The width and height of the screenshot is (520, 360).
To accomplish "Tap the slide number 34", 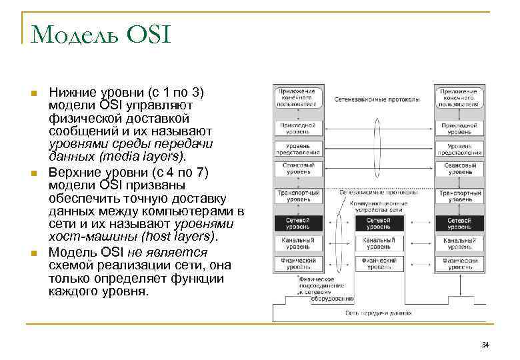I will tap(485, 344).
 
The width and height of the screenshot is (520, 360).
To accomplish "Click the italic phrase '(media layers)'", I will tap(140, 156).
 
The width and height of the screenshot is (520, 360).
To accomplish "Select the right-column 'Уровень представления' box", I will tap(459, 149).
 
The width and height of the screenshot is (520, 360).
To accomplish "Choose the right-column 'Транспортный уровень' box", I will tap(459, 196).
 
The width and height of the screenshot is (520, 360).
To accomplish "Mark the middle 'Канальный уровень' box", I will tap(379, 243).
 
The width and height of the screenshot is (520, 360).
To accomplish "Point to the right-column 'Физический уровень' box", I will tap(459, 263).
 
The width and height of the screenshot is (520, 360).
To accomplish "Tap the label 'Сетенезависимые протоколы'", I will tap(378, 100).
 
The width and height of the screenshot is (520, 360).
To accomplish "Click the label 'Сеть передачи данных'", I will tap(378, 312).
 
